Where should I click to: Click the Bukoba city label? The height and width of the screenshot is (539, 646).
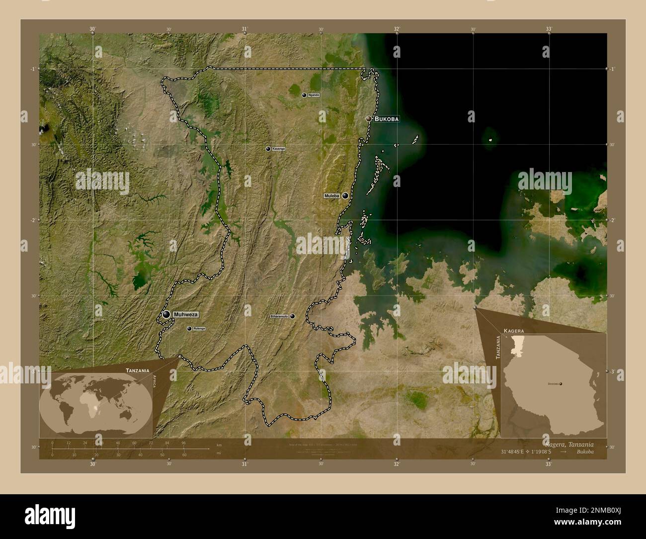[x=387, y=119]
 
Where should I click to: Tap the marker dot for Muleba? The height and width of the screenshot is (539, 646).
[x=345, y=196]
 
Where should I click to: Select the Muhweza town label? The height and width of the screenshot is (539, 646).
[x=186, y=315]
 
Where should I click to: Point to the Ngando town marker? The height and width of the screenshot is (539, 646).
[x=304, y=94]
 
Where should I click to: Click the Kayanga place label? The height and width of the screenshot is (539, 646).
[x=279, y=149]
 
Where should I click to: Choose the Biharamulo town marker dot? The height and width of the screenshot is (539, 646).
[x=293, y=316]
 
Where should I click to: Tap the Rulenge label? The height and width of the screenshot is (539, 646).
[x=199, y=329]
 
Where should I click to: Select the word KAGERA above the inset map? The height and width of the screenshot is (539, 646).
[x=513, y=330]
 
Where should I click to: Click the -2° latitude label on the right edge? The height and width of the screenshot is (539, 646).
[x=612, y=220]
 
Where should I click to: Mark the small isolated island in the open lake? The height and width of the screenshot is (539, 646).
[x=491, y=141]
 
